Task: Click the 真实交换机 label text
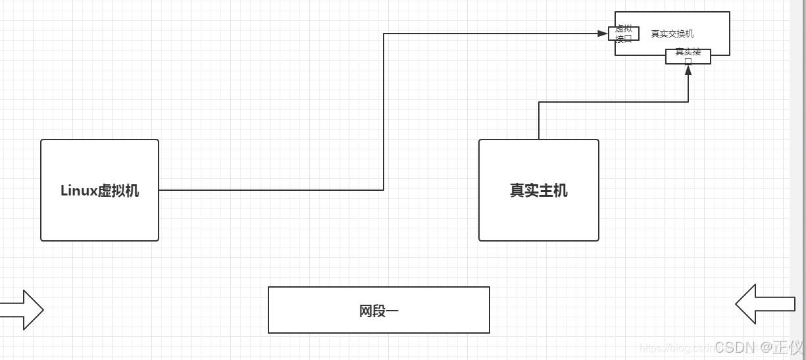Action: [x=672, y=34]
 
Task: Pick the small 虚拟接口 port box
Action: [x=624, y=34]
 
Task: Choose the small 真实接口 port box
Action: [x=688, y=57]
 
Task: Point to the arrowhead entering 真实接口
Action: [x=688, y=70]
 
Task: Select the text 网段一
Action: [x=378, y=311]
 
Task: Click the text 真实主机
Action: [x=538, y=191]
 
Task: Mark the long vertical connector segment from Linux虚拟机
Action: [x=384, y=112]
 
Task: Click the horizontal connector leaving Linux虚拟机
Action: [x=270, y=190]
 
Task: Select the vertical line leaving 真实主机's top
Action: [x=539, y=120]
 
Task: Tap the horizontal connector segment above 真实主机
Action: [x=612, y=102]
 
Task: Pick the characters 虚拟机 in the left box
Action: [x=118, y=191]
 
